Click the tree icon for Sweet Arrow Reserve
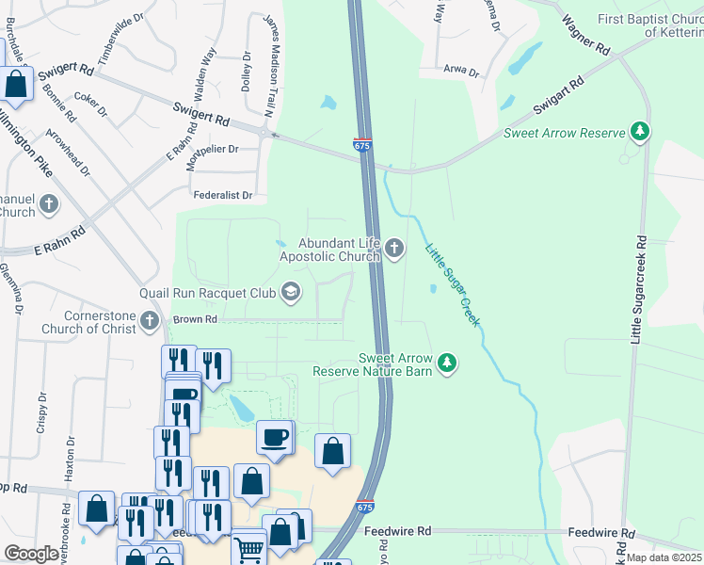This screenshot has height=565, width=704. (x=640, y=132)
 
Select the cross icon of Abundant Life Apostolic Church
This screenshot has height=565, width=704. (x=394, y=249)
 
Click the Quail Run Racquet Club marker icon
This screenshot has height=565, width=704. (x=291, y=293)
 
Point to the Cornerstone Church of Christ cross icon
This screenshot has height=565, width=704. (x=149, y=322)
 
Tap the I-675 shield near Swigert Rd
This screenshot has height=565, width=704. (x=362, y=145)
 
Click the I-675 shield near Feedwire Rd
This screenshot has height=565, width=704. (x=367, y=507)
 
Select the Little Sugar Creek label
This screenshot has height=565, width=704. (x=454, y=285)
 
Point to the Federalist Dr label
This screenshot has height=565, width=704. (x=223, y=196)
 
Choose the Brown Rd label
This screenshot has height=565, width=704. (x=195, y=320)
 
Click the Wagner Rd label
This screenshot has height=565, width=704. (x=584, y=33)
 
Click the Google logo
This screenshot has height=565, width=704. (x=31, y=554)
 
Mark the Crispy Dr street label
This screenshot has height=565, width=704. (x=41, y=412)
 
